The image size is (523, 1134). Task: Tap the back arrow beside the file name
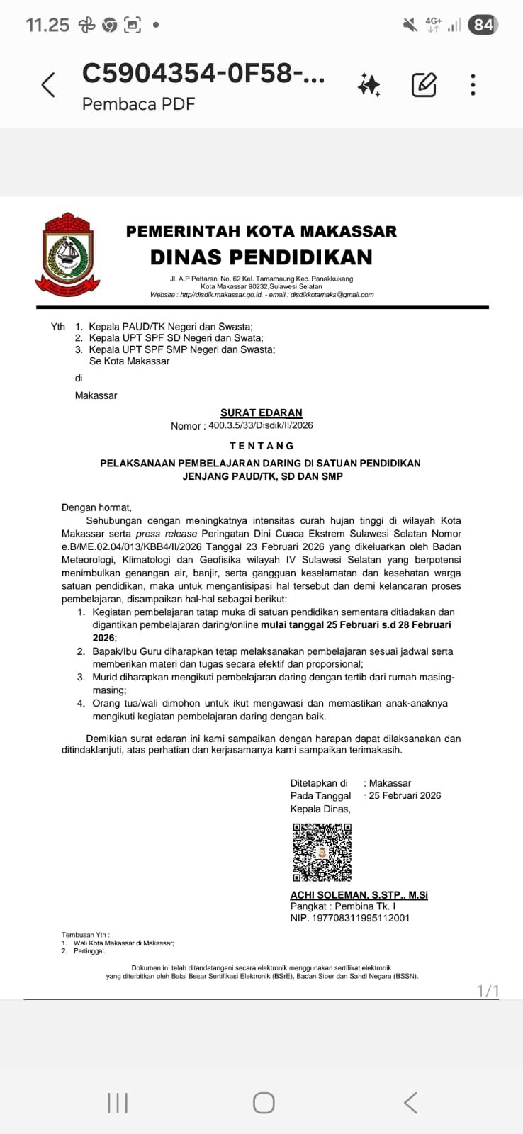click(x=48, y=85)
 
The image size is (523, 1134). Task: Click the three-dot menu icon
click(x=473, y=85)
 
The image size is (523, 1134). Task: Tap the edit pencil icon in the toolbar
click(x=424, y=85)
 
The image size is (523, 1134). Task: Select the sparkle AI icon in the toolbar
click(x=369, y=85)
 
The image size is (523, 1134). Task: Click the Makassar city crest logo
click(x=68, y=254)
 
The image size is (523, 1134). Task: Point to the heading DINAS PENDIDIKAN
click(x=261, y=257)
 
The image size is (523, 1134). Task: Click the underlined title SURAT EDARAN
click(x=261, y=412)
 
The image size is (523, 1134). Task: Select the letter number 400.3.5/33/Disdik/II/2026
click(x=260, y=425)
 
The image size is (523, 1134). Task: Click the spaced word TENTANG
click(x=261, y=446)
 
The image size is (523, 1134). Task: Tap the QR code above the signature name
click(x=322, y=852)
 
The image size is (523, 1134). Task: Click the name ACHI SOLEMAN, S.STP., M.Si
click(x=359, y=895)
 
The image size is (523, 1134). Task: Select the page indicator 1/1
click(x=488, y=990)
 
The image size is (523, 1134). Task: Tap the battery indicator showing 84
click(x=483, y=26)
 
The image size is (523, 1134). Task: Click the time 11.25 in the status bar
click(x=47, y=26)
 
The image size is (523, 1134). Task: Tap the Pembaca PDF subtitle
click(x=138, y=104)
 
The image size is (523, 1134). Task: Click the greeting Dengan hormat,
click(x=96, y=507)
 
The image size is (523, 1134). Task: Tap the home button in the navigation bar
click(x=264, y=1103)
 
